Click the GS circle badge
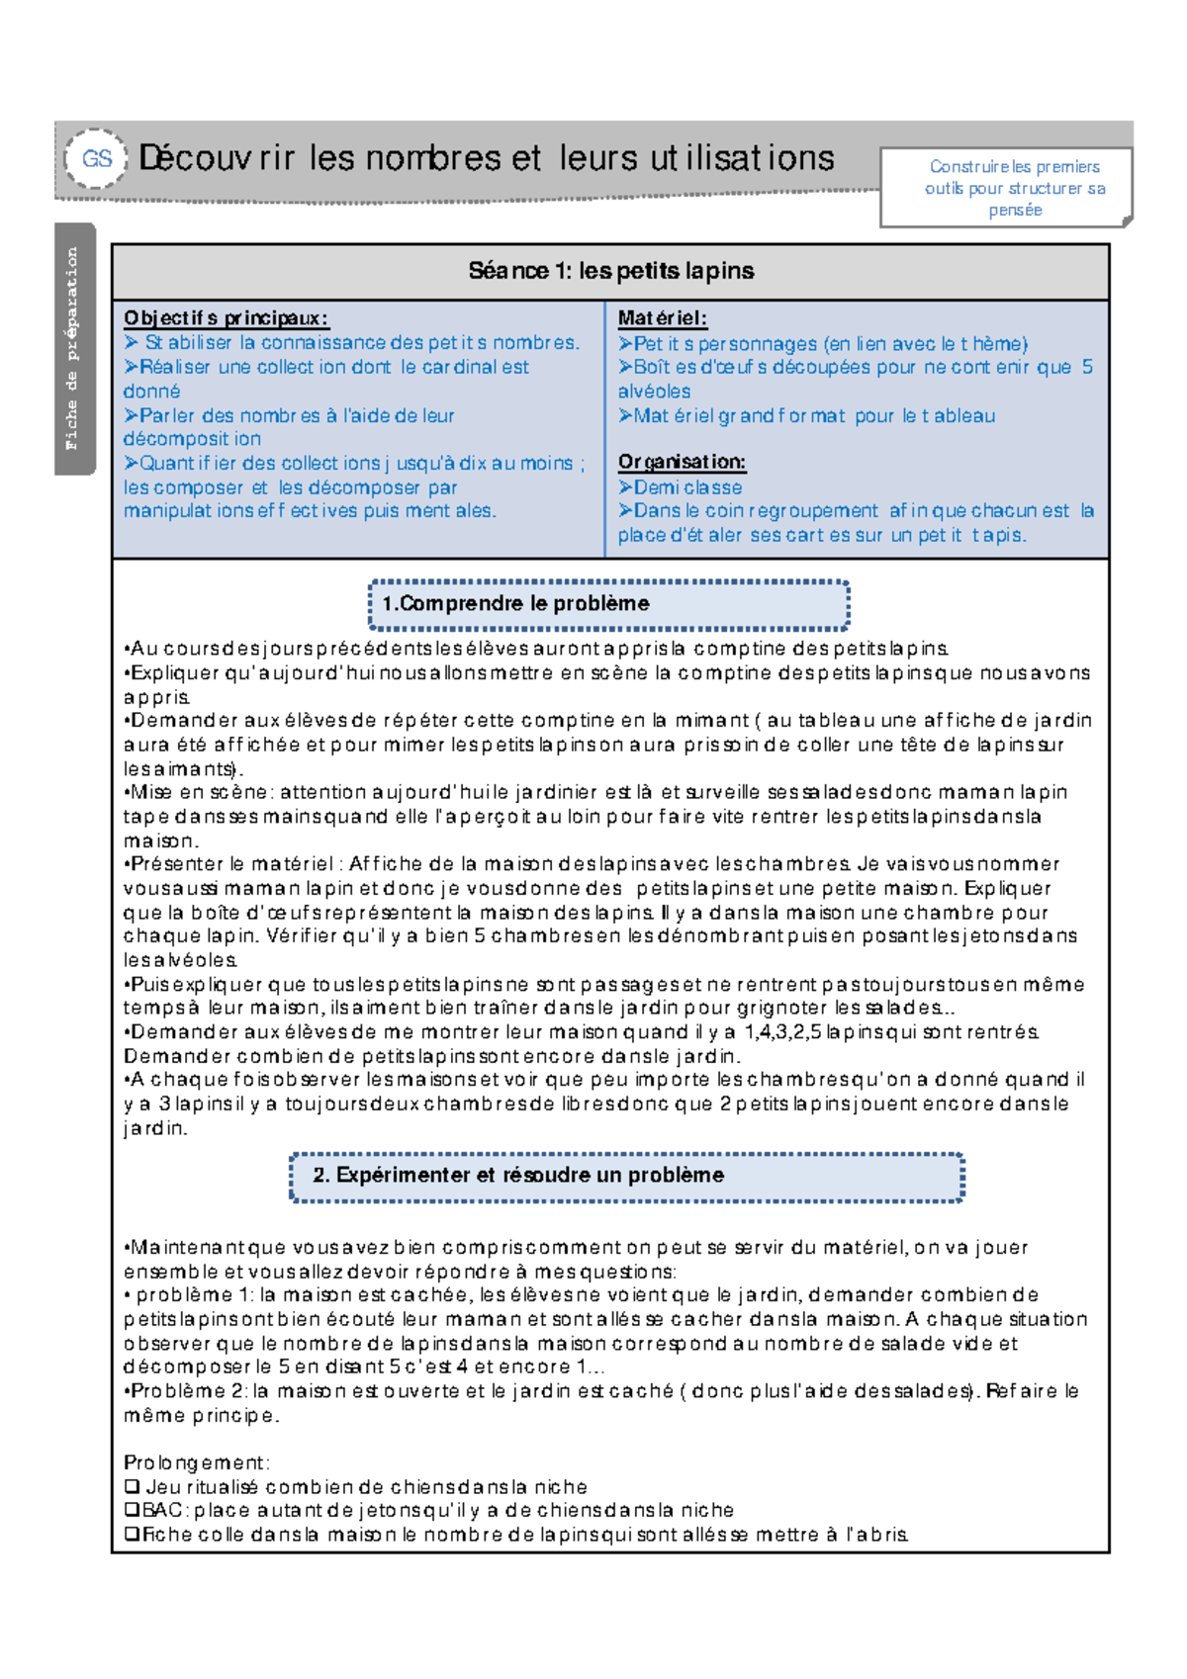pos(96,158)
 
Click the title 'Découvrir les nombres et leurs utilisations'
pos(487,158)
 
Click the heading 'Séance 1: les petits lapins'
pos(610,271)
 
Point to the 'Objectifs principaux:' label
pos(226,318)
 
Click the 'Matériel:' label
pos(662,318)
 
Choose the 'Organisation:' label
pos(682,462)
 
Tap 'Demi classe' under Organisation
pos(687,487)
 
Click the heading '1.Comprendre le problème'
pos(516,604)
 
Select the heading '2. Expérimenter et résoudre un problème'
pos(518,1176)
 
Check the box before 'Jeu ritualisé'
pos(132,1487)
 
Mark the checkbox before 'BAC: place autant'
pos(132,1511)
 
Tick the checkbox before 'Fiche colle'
pos(132,1536)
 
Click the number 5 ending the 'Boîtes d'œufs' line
pos(1087,367)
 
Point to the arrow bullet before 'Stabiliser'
pos(133,343)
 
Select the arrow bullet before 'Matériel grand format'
pos(625,416)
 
